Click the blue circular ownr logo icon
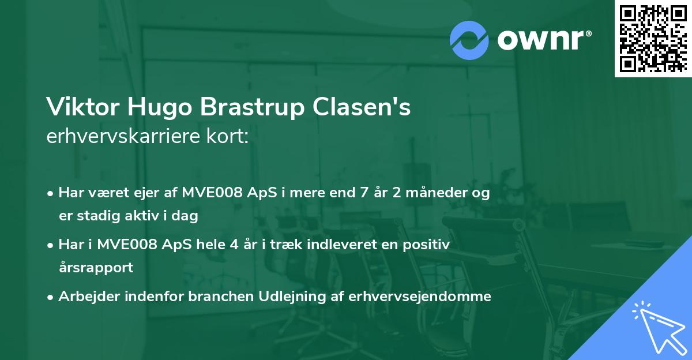pyautogui.click(x=469, y=40)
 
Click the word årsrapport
pyautogui.click(x=96, y=268)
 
